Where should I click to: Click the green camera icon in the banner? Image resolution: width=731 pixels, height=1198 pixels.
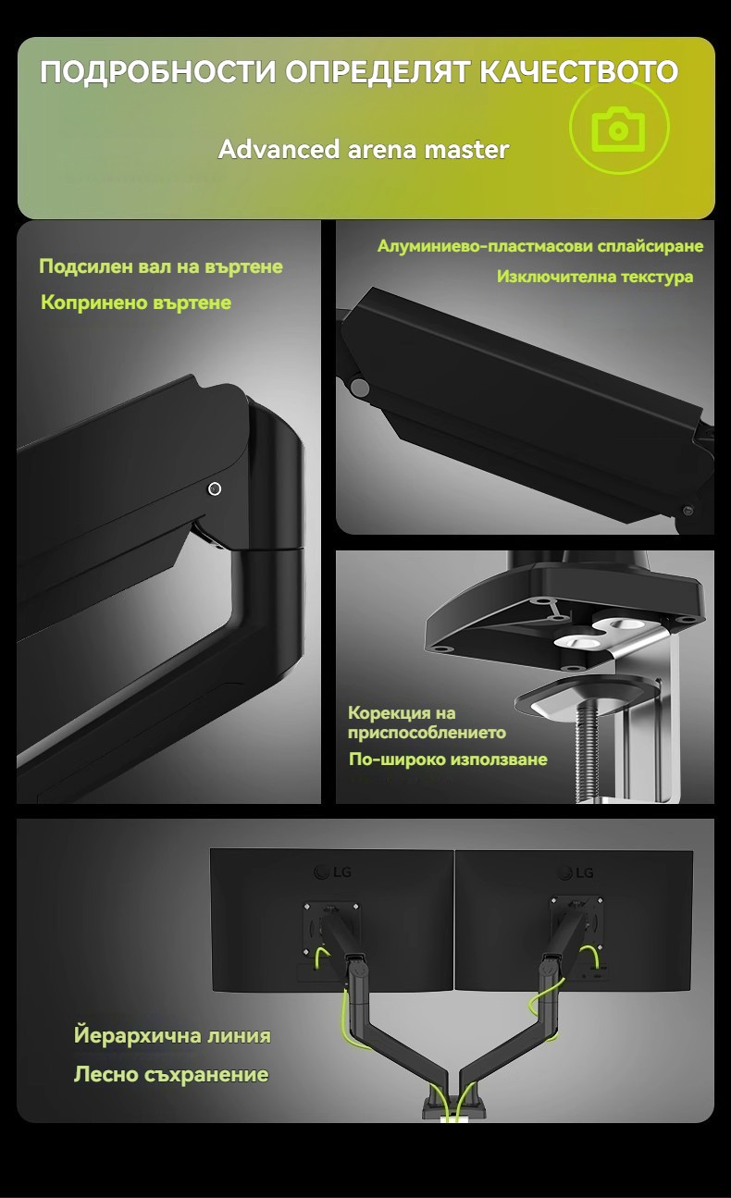click(619, 129)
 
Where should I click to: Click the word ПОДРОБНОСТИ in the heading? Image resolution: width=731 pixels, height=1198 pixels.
click(157, 72)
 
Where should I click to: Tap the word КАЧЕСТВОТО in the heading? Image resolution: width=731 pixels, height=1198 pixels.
click(578, 72)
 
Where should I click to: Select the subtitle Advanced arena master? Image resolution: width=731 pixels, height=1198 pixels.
click(364, 149)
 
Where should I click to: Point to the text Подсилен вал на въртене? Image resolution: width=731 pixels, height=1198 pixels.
click(160, 266)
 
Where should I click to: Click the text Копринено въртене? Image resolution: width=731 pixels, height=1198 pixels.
click(136, 303)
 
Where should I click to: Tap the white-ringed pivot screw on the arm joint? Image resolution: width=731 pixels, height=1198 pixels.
click(215, 488)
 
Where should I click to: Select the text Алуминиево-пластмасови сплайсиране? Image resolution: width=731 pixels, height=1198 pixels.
click(540, 246)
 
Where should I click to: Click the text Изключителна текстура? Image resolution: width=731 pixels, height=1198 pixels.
click(595, 277)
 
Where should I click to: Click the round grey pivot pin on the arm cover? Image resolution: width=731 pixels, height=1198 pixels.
click(361, 388)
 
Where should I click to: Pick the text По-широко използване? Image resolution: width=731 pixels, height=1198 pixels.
click(448, 760)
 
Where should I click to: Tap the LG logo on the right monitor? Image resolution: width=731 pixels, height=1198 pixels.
click(576, 873)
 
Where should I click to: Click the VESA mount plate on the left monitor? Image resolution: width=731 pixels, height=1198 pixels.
click(331, 929)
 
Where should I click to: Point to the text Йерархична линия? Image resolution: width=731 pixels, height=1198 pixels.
click(172, 1035)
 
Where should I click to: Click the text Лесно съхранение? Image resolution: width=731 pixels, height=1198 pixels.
click(171, 1074)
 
